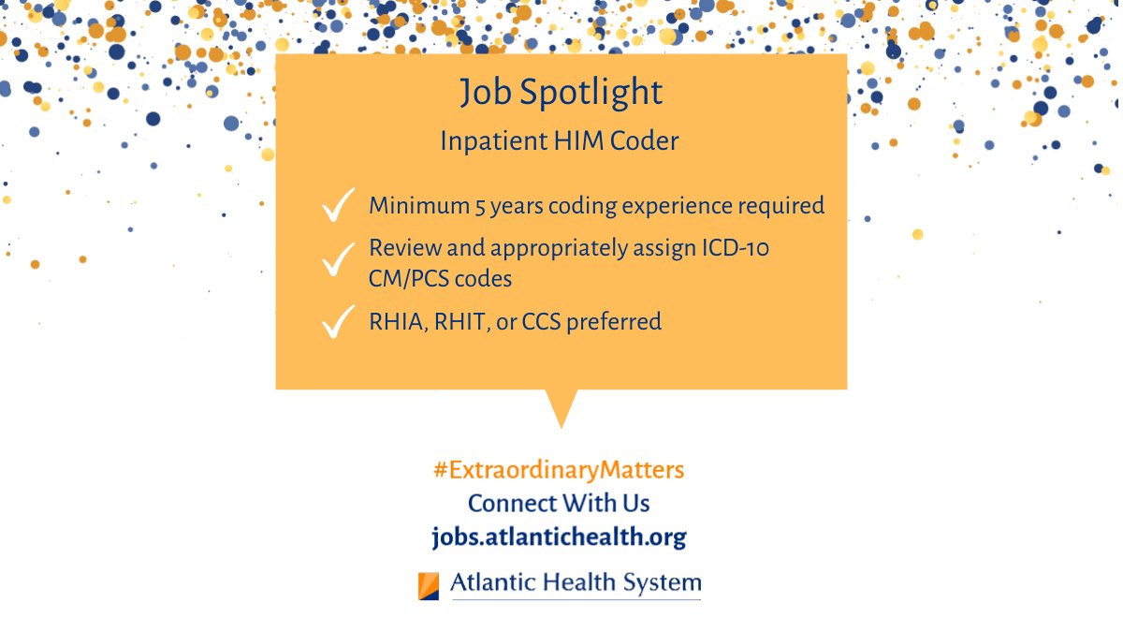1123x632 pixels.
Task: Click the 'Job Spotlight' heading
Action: (561, 94)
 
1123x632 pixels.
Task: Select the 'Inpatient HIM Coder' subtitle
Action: (560, 141)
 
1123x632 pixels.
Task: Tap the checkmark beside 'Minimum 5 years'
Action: (336, 205)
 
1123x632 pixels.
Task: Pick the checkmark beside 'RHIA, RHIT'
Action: (336, 322)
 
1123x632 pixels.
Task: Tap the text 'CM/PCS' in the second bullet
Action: (405, 278)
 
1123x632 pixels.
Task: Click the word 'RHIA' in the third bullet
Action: (394, 322)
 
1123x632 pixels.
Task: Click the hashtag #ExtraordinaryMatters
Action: (559, 470)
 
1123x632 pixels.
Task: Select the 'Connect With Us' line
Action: (559, 503)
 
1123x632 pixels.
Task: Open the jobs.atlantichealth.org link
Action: (559, 536)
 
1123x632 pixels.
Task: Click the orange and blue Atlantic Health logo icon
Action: (429, 585)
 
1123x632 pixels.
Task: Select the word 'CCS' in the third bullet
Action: (547, 322)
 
